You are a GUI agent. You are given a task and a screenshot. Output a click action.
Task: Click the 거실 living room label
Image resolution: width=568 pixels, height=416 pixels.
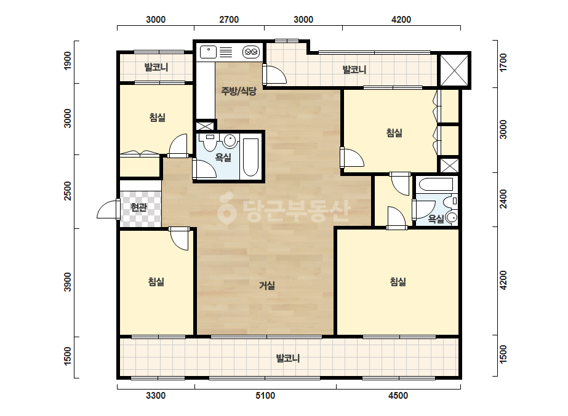tap(267, 286)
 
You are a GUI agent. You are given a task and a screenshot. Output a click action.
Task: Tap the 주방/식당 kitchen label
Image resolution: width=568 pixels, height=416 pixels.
tap(239, 91)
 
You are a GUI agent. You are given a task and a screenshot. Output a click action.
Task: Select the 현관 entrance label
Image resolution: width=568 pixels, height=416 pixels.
tap(138, 207)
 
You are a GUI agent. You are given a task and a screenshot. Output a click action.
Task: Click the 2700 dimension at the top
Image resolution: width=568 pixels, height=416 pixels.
tap(229, 20)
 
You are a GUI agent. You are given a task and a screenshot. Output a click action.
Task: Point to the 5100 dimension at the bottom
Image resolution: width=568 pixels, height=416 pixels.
tap(265, 396)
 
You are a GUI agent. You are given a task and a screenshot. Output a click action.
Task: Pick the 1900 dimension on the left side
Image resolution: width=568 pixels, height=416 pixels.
tap(68, 61)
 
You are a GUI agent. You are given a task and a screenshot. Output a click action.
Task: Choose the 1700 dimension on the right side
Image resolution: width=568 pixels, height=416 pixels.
tap(503, 62)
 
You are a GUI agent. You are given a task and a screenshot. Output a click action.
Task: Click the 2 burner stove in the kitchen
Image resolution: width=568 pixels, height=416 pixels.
tap(251, 52)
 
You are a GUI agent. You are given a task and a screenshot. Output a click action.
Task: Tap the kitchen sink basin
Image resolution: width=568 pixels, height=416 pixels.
tap(208, 52)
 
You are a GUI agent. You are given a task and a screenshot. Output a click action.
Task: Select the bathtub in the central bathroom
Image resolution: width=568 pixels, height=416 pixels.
tap(250, 158)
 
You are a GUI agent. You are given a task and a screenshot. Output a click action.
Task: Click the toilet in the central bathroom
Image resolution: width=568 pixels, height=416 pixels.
tap(210, 143)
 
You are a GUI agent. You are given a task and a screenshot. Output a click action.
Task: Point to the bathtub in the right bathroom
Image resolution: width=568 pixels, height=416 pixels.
tap(436, 185)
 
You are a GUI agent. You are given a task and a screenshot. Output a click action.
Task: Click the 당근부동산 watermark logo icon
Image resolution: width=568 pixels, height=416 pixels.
tap(226, 207)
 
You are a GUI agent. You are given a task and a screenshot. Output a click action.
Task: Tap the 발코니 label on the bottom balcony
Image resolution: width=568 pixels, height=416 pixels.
tap(288, 358)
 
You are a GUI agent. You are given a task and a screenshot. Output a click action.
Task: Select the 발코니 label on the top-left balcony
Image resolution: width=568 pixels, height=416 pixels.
tap(156, 68)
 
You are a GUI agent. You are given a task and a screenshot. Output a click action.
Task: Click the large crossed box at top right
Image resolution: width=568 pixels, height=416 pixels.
tap(454, 70)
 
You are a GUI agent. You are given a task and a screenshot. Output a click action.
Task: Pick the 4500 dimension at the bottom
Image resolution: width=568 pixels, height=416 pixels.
tap(398, 396)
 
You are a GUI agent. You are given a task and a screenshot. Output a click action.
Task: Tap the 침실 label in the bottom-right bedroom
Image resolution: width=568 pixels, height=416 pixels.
tap(398, 282)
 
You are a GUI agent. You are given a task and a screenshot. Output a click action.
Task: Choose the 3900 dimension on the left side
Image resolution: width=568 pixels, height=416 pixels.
tap(68, 282)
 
